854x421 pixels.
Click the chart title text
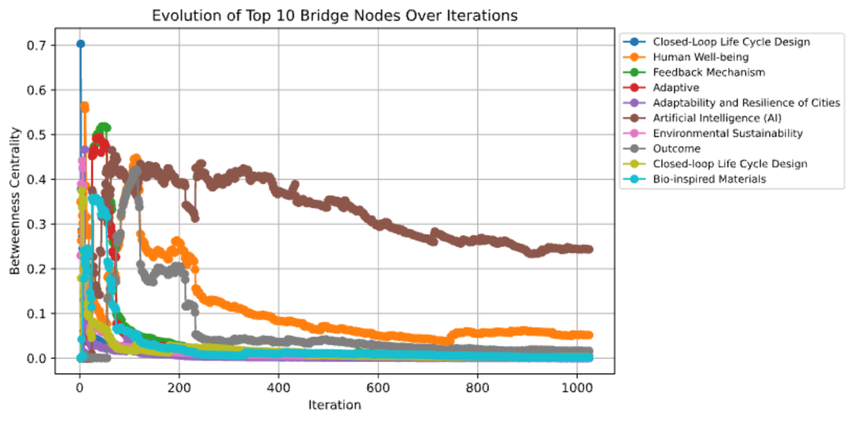coord(334,16)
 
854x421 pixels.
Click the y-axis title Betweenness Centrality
coord(15,201)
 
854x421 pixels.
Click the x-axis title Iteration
coord(334,405)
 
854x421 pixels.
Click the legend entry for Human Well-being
coord(700,57)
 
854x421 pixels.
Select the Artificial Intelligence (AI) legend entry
coord(717,118)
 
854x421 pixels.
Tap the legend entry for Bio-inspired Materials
coord(709,179)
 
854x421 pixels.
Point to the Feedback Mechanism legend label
coord(709,72)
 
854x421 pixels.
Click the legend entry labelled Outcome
coord(676,148)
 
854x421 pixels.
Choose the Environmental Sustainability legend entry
coord(728,133)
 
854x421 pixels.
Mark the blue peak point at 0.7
coord(81,44)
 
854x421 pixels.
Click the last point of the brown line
coord(589,249)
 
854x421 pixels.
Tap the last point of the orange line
coord(589,335)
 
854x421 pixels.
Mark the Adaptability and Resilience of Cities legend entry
coord(746,103)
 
